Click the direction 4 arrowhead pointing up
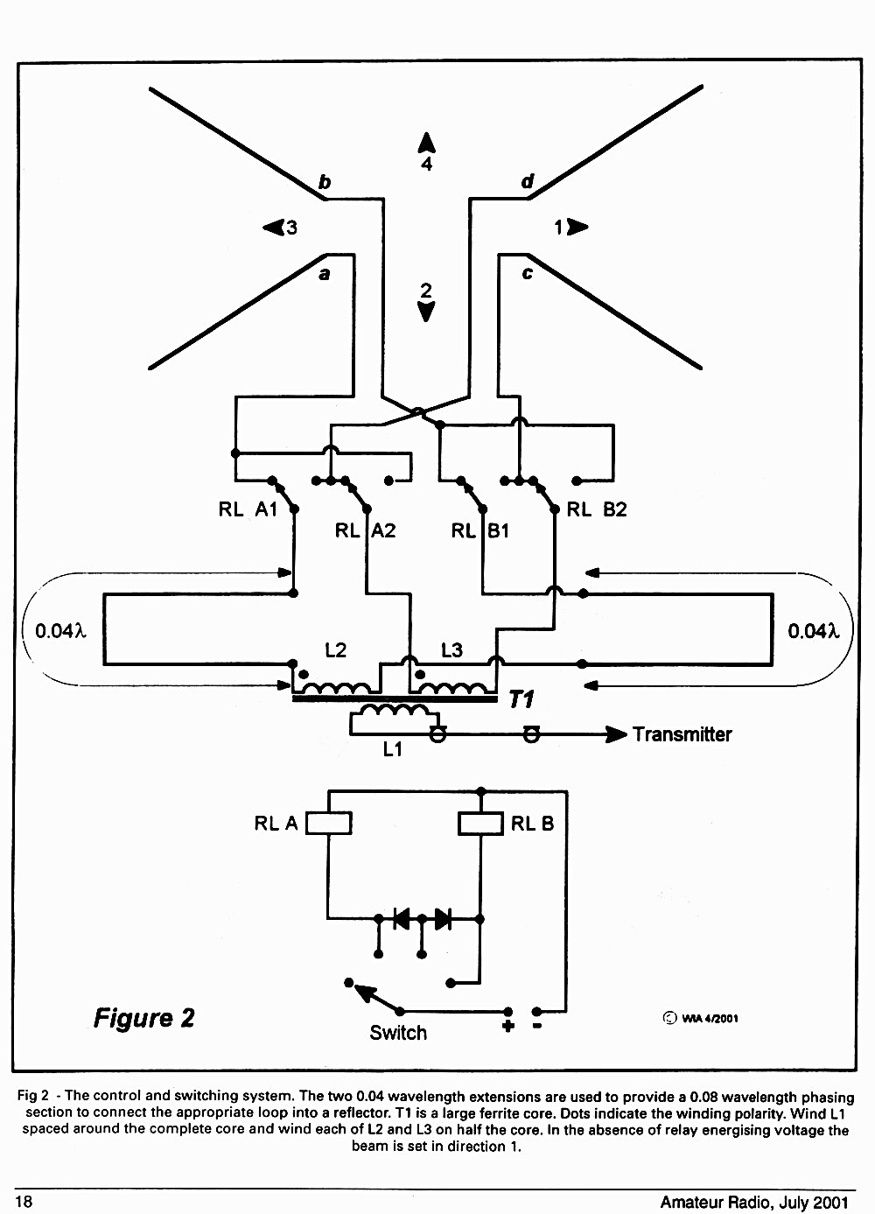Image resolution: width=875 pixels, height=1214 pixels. (x=427, y=143)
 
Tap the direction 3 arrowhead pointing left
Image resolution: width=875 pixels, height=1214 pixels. (x=273, y=227)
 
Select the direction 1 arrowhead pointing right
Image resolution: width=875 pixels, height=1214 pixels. (x=577, y=227)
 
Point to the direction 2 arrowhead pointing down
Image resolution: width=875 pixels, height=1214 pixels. (x=426, y=312)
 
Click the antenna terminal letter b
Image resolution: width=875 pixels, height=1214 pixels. (x=324, y=182)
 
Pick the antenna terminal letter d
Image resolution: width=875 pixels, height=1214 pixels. (x=527, y=181)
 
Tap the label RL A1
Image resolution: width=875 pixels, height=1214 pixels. (x=248, y=509)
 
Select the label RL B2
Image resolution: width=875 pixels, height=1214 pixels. (x=597, y=509)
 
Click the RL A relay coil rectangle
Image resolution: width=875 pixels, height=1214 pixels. (x=328, y=823)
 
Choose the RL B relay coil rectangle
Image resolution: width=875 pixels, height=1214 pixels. (x=481, y=823)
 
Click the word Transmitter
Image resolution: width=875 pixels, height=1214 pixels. (x=682, y=734)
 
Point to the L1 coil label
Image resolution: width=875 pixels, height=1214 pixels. (x=392, y=749)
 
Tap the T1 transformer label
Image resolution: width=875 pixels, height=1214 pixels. (x=521, y=699)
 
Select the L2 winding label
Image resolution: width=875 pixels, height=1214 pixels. (x=335, y=649)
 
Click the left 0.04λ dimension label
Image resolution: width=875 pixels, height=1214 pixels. (x=60, y=631)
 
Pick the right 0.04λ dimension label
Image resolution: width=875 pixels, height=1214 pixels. (x=813, y=631)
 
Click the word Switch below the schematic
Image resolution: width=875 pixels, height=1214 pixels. (x=398, y=1033)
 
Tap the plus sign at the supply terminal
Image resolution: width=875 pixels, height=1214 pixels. (x=508, y=1026)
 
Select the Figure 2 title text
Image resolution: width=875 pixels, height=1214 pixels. (x=144, y=1018)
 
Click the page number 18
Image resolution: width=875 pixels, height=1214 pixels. (x=24, y=1202)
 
